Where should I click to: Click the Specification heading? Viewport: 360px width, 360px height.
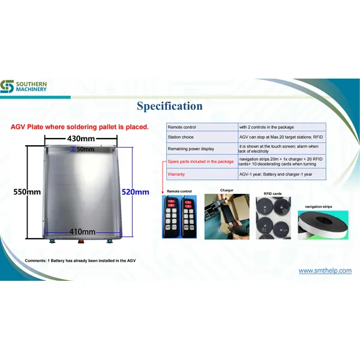click(169, 106)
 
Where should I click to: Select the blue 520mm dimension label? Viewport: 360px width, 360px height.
click(135, 192)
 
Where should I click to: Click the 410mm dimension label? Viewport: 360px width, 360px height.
click(81, 232)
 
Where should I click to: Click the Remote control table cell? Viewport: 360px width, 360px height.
click(200, 127)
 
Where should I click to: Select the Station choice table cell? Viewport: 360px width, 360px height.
click(200, 138)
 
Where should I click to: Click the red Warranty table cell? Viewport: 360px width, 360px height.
click(200, 175)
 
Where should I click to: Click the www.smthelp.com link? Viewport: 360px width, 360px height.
click(325, 271)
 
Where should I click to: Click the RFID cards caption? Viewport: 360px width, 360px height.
click(272, 193)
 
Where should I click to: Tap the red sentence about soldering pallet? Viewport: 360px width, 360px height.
click(80, 127)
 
